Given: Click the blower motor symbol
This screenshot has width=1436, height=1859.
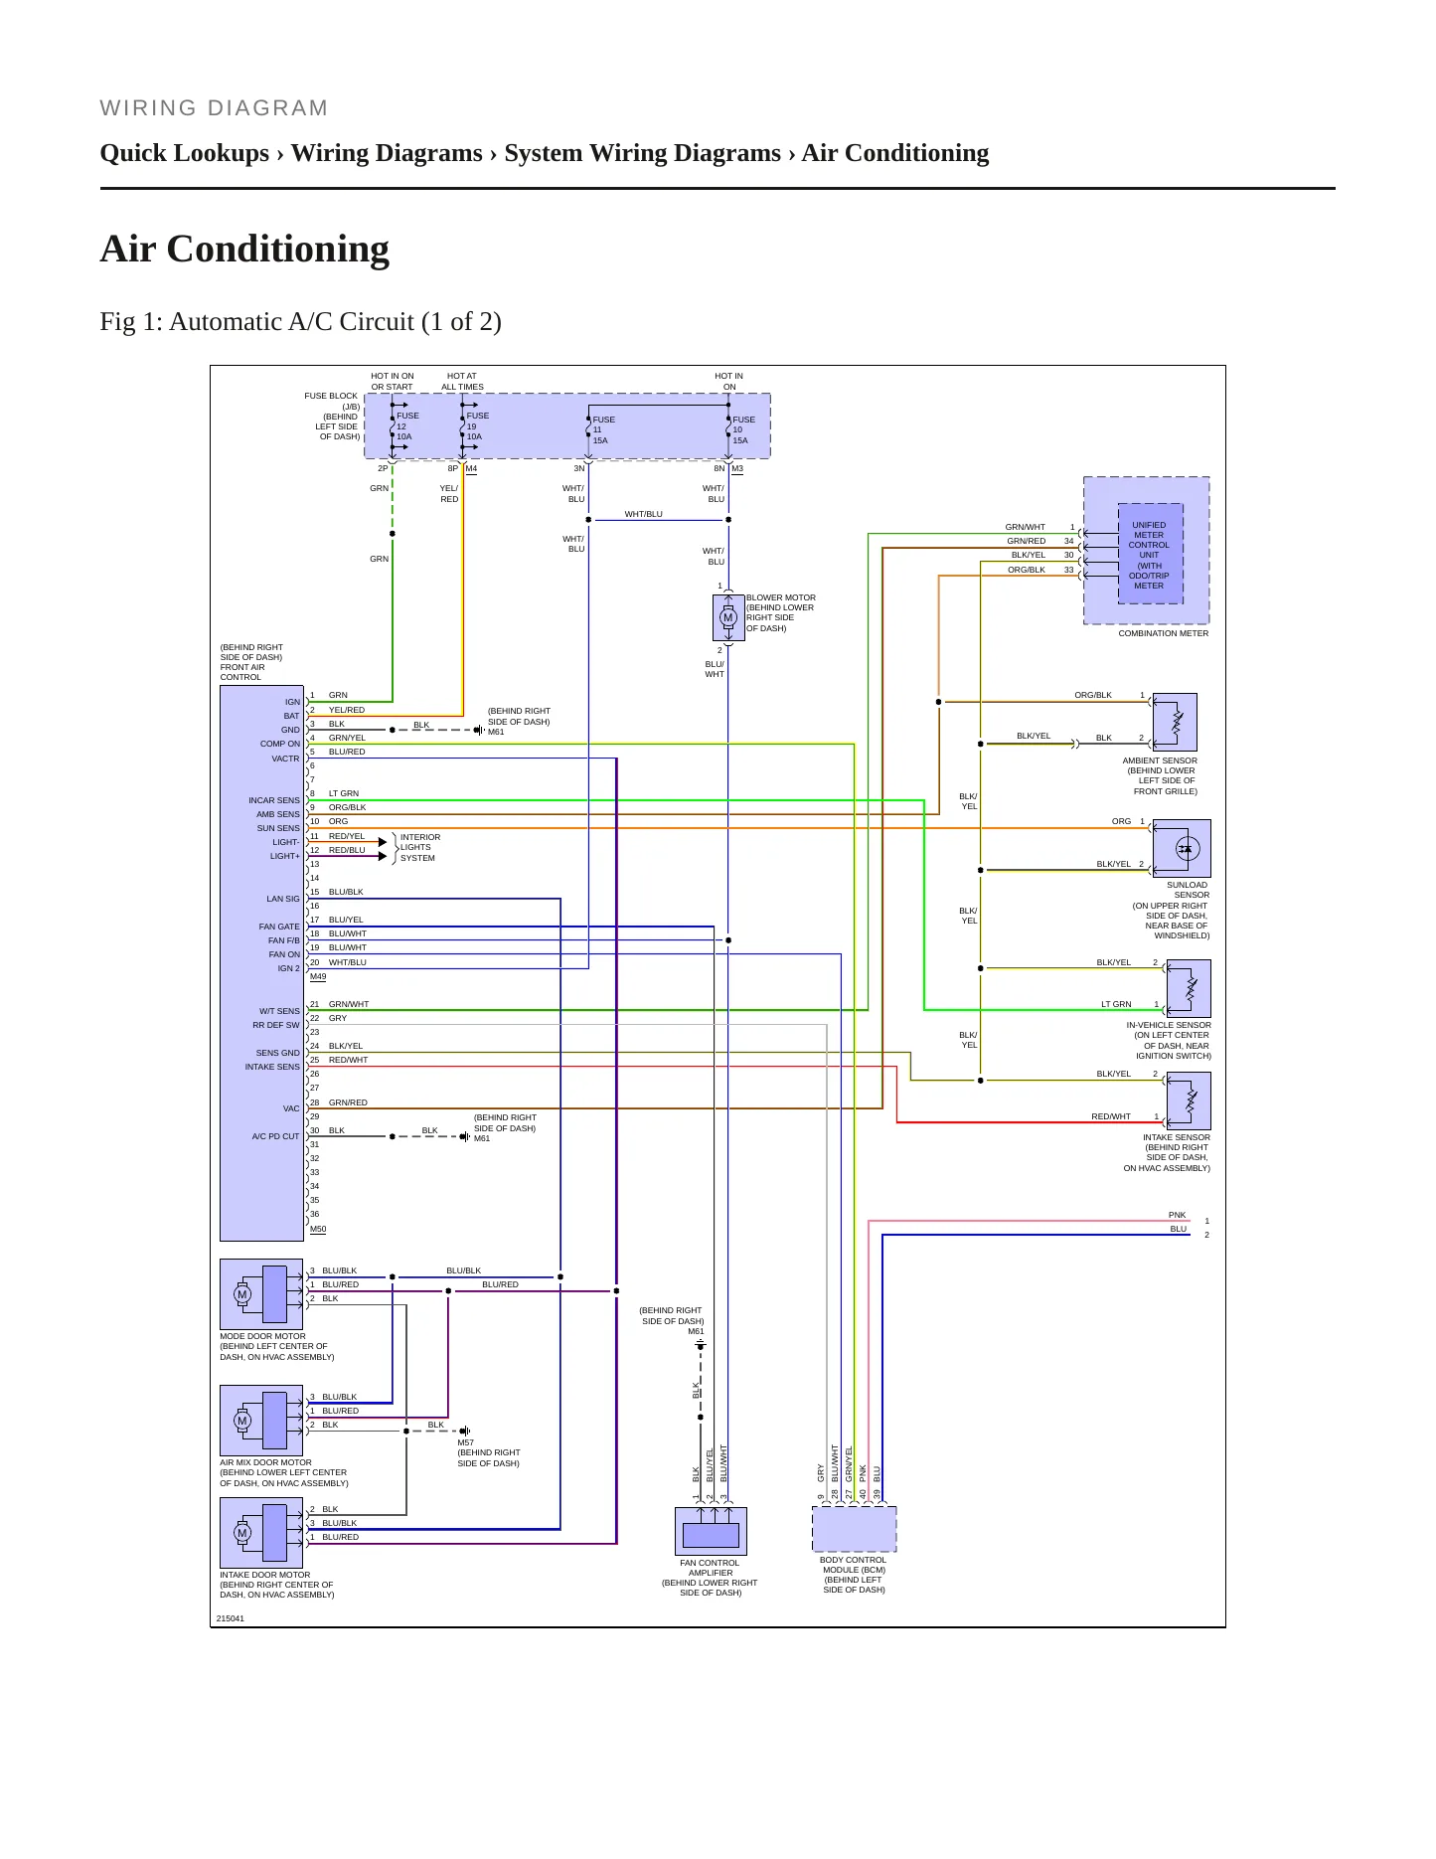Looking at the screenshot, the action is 728,617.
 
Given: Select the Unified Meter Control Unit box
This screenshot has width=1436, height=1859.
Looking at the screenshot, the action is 1150,554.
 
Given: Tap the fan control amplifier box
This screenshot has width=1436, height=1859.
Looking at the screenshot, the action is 711,1531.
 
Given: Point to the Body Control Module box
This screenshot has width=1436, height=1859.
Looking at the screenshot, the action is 855,1529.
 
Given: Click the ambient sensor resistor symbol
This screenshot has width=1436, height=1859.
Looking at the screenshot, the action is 1176,722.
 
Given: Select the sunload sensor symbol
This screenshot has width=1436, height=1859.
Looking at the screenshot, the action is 1186,849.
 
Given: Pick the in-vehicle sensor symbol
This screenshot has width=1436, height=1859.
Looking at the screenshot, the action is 1190,988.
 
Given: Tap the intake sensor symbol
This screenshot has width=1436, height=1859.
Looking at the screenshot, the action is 1190,1100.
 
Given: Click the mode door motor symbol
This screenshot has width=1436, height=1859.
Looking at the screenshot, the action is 261,1294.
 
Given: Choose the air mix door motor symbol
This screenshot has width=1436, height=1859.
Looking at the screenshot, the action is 261,1421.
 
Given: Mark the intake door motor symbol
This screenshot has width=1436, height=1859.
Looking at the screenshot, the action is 261,1533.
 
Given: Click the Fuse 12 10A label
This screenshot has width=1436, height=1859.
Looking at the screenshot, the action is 407,426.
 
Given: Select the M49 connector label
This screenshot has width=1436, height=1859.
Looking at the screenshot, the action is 318,977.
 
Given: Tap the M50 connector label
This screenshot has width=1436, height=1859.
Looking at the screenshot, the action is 318,1230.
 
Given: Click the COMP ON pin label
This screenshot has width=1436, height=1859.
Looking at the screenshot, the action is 280,744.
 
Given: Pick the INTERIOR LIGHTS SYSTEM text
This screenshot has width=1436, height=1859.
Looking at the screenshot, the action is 419,847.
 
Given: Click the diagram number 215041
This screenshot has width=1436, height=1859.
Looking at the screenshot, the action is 231,1618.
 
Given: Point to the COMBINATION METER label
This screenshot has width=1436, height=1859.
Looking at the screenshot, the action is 1164,633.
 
